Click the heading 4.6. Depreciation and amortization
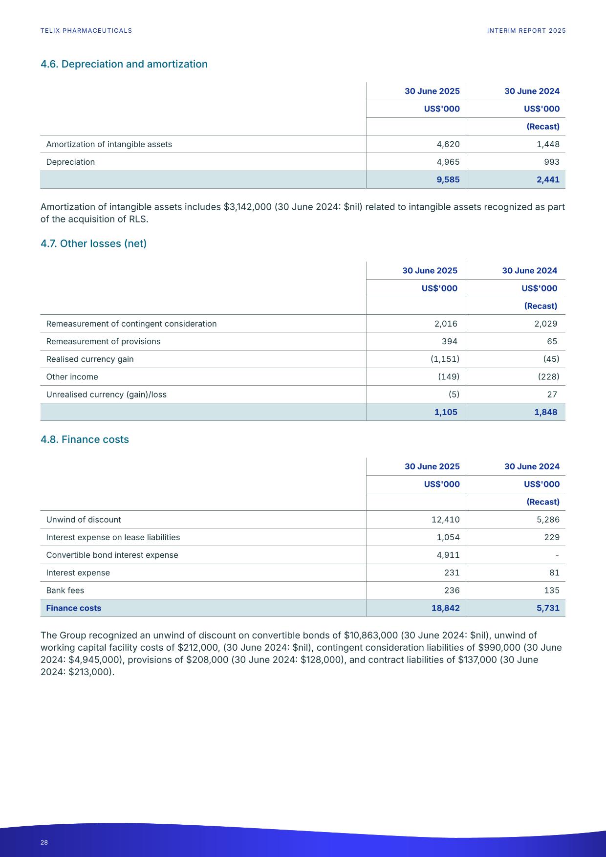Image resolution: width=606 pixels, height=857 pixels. (x=124, y=64)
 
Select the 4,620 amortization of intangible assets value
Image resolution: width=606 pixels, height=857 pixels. (x=448, y=144)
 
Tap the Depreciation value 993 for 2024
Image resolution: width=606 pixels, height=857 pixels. (x=551, y=162)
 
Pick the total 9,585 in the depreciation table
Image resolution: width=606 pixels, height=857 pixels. (x=448, y=179)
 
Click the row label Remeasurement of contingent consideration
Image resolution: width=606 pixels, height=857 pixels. (x=131, y=324)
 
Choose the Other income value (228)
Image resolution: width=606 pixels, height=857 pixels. (x=548, y=376)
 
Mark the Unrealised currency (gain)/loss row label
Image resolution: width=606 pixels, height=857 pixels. (x=106, y=395)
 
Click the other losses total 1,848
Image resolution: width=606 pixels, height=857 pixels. (x=545, y=412)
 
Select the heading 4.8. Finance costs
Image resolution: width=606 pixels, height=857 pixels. (x=85, y=439)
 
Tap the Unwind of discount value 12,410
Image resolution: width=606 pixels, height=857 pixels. (x=445, y=520)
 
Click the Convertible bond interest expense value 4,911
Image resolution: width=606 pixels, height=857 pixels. (x=448, y=555)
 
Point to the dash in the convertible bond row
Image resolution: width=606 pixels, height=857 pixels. (x=557, y=555)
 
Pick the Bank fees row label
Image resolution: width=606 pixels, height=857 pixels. (x=65, y=590)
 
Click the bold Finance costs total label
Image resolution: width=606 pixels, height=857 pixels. (x=73, y=608)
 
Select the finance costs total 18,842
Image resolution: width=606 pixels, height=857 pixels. (x=445, y=608)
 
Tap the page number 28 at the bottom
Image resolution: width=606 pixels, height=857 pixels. (x=44, y=842)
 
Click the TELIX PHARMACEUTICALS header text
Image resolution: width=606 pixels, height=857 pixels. (x=86, y=30)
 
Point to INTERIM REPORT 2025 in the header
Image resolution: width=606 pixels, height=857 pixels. (x=526, y=30)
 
